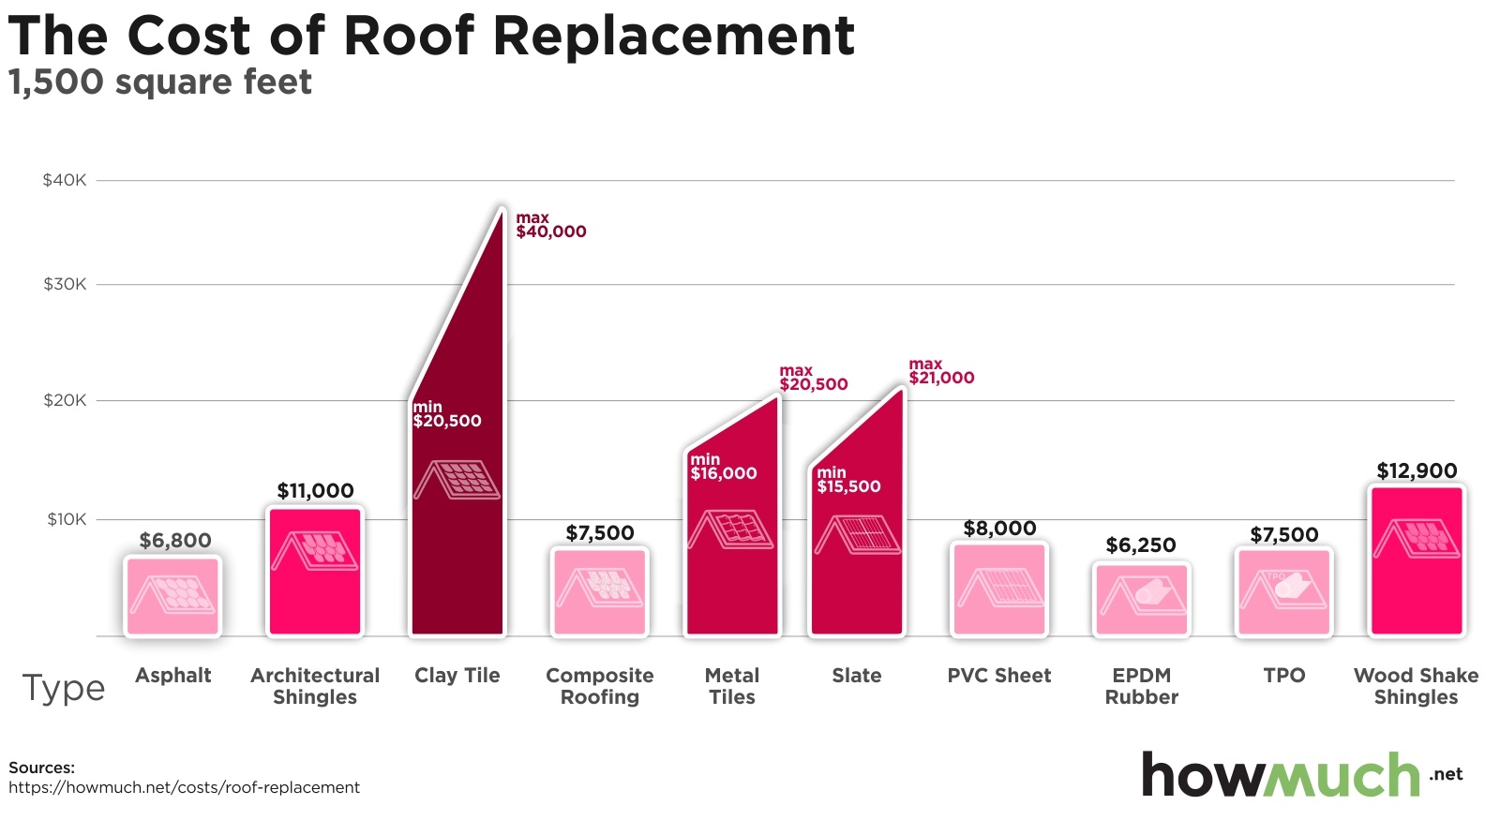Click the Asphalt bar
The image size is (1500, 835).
[172, 596]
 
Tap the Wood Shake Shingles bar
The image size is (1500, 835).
[1416, 560]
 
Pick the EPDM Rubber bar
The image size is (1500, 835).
[1141, 599]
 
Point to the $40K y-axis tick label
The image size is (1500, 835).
[65, 180]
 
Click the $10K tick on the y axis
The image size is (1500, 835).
[67, 519]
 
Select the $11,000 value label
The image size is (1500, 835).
[315, 490]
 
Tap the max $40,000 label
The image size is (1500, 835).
[550, 225]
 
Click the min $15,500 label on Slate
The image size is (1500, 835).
[848, 480]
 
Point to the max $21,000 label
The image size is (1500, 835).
[941, 371]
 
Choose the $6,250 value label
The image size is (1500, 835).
[1141, 545]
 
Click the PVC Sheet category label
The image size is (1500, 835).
[999, 676]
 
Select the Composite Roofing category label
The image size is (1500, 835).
[600, 686]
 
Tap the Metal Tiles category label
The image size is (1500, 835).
[732, 686]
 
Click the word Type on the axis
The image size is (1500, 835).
[64, 688]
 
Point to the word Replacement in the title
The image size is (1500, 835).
[673, 36]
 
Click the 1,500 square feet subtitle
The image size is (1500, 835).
[160, 82]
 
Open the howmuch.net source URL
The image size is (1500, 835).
[184, 787]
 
